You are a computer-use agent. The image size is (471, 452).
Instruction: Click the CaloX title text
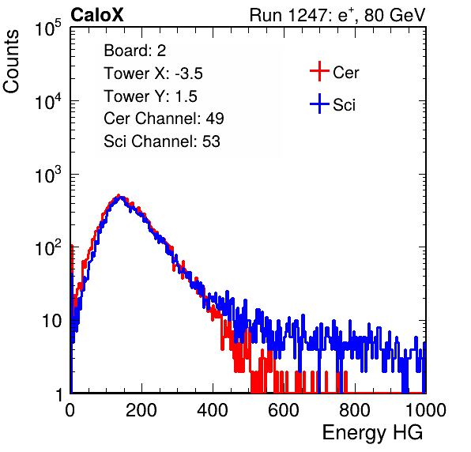coord(97,15)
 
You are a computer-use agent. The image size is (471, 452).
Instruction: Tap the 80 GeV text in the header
coord(394,15)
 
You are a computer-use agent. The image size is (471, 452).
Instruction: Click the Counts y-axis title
coord(11,62)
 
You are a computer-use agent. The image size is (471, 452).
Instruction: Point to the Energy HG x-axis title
coord(372,433)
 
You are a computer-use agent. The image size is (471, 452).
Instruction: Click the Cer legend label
coord(345,73)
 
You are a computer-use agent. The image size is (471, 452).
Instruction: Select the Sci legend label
coord(345,105)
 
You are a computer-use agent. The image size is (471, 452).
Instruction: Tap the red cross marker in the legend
coord(319,71)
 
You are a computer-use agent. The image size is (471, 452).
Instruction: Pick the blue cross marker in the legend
coord(319,104)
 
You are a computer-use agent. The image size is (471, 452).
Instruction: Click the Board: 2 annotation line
coord(135,51)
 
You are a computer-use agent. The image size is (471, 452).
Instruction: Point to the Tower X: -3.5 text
coord(153,73)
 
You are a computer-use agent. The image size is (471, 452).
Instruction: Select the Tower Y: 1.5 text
coord(150,96)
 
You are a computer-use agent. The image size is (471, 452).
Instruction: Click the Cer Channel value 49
coord(215,119)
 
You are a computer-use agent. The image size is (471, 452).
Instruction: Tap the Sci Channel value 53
coord(211,141)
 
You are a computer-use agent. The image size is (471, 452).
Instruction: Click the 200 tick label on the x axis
coord(141,410)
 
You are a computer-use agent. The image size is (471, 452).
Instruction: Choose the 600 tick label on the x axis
coord(284,410)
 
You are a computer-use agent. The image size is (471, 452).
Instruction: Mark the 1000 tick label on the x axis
coord(426,410)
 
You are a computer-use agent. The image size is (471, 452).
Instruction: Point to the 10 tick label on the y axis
coord(51,321)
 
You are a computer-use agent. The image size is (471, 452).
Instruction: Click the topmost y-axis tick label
coord(48,28)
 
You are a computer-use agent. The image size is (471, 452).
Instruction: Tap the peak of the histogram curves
coord(119,196)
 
